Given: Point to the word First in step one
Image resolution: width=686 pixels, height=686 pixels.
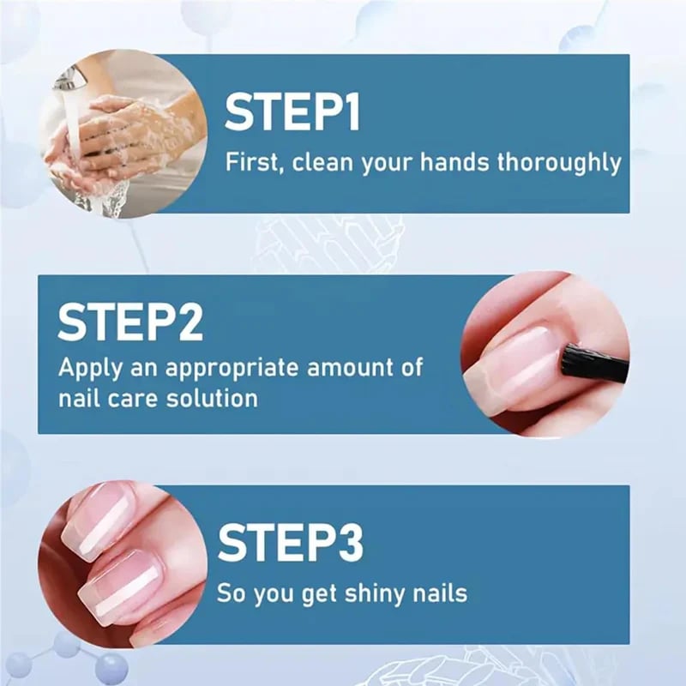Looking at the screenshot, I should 252,162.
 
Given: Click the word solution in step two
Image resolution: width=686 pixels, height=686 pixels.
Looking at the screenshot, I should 214,398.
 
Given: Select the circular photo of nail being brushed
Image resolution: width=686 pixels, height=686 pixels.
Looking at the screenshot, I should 545,355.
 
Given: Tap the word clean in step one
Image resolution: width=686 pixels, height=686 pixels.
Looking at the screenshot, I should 322,162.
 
